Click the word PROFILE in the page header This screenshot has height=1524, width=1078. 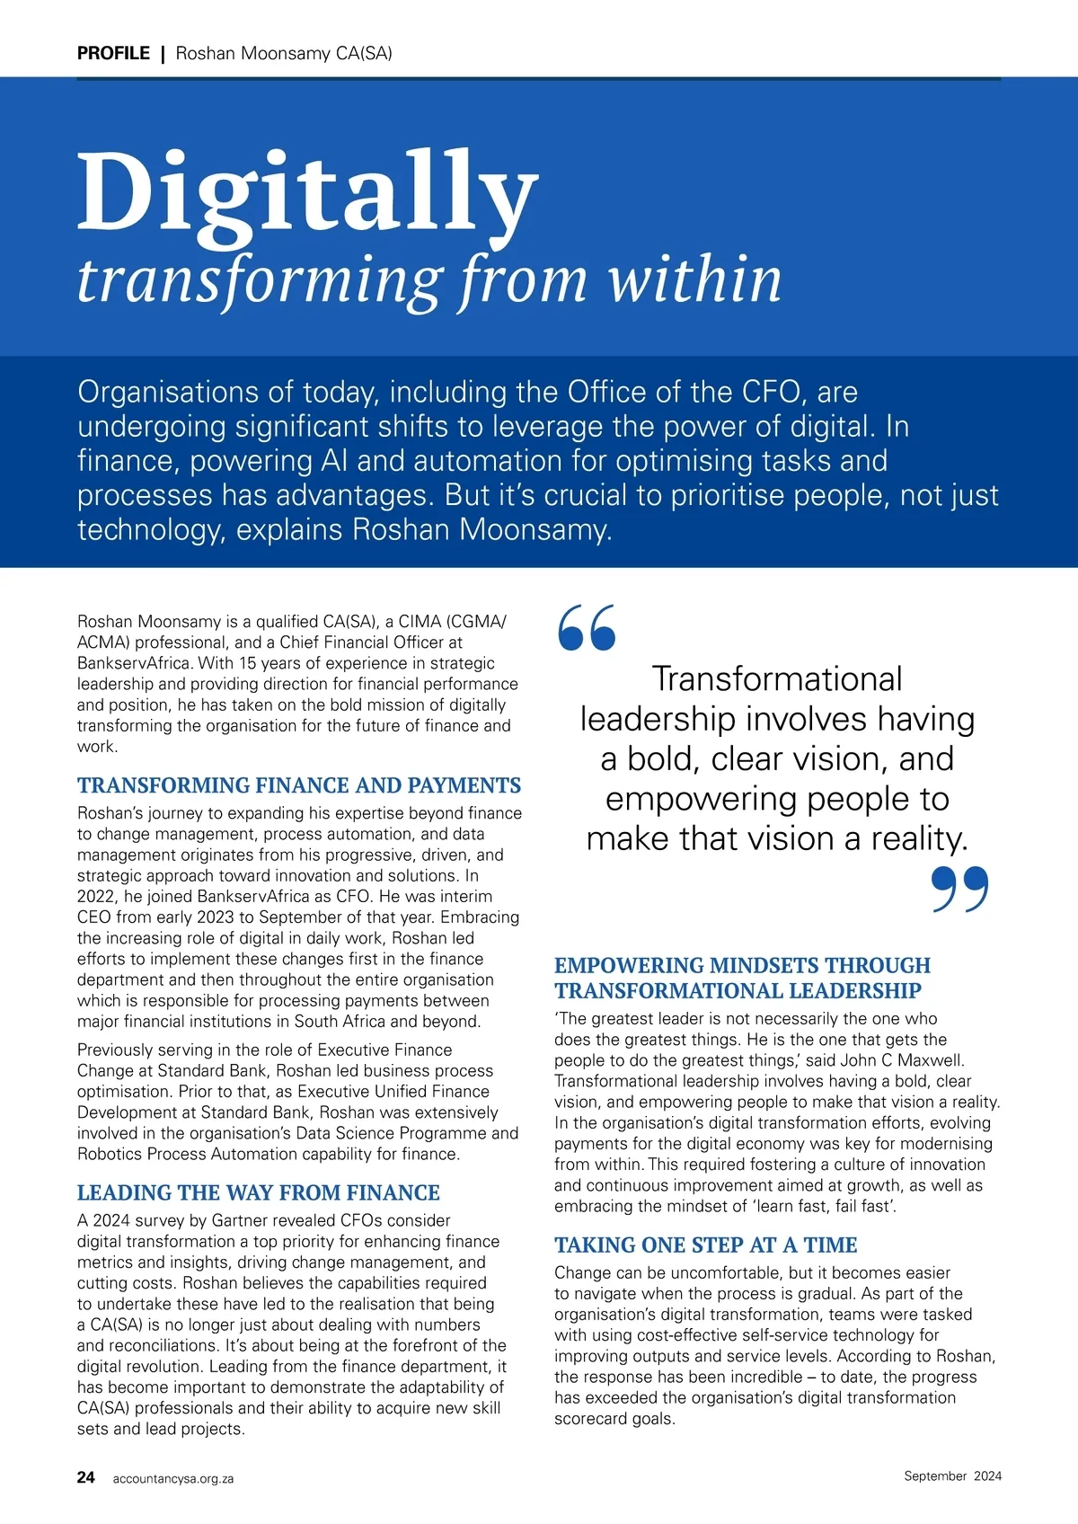click(x=113, y=53)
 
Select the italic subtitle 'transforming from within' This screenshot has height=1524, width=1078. click(x=429, y=279)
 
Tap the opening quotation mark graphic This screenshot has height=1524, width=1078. click(x=587, y=627)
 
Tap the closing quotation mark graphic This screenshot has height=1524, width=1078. click(x=959, y=890)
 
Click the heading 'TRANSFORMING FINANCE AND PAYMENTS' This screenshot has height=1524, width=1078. click(x=299, y=785)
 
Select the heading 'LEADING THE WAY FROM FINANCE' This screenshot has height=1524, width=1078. click(x=259, y=1192)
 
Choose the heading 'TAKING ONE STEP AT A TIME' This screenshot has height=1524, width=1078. click(x=705, y=1245)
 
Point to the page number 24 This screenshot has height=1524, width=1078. click(x=86, y=1477)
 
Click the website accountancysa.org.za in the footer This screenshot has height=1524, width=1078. click(x=173, y=1478)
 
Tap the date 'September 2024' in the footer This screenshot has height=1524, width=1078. click(x=952, y=1475)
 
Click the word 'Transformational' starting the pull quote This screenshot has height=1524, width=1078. click(x=777, y=679)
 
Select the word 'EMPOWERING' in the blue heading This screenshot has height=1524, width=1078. click(x=628, y=965)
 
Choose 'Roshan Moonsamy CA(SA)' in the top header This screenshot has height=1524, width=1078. click(x=284, y=53)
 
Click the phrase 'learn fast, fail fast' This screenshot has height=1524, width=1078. click(x=815, y=1206)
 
